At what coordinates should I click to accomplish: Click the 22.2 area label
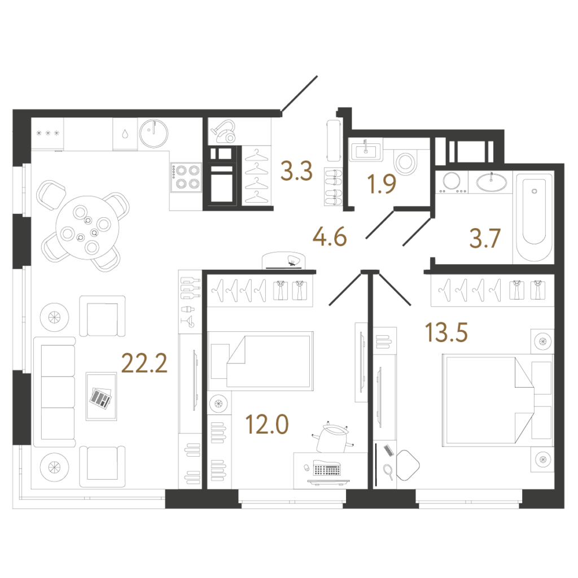tap(144, 363)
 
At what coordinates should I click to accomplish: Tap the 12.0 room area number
tap(267, 424)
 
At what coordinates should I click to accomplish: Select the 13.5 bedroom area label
tap(446, 332)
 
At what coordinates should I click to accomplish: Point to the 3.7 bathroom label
tap(485, 238)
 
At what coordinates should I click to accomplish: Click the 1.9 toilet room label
tap(382, 184)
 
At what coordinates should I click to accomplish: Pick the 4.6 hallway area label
tap(330, 237)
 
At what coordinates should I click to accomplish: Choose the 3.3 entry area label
tap(296, 171)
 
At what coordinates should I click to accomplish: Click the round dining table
tap(87, 227)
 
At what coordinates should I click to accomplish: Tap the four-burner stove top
tap(186, 177)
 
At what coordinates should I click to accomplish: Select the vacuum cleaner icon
tap(223, 132)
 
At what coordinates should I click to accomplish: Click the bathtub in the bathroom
tap(534, 217)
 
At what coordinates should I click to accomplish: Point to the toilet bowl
tap(405, 162)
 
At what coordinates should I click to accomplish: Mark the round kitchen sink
tap(154, 133)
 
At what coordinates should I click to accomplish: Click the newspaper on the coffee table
tap(100, 398)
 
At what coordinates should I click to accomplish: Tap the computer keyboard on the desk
tap(327, 468)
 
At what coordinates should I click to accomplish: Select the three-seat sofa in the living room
tap(55, 392)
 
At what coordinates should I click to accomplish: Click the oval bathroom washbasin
tap(492, 182)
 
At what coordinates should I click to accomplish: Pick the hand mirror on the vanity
tap(388, 472)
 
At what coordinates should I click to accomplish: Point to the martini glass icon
tap(189, 322)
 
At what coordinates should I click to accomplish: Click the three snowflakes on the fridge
tap(47, 133)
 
